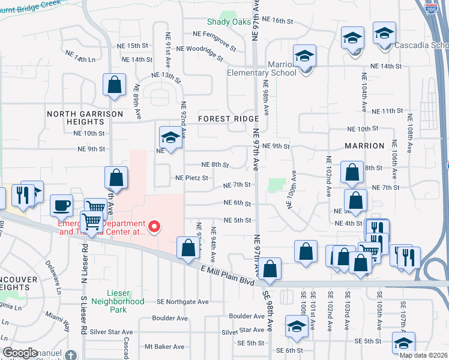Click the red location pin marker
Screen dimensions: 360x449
pos(154,227)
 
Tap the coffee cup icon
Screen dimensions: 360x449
pos(61,206)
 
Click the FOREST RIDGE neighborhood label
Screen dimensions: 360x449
pos(229,119)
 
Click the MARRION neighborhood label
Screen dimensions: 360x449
pos(364,146)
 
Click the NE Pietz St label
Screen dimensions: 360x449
pos(191,178)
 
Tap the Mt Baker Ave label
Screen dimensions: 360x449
pos(164,347)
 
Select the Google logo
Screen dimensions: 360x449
pos(20,353)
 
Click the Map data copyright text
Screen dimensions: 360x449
pos(423,355)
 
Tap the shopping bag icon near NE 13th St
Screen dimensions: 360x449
pos(113,85)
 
